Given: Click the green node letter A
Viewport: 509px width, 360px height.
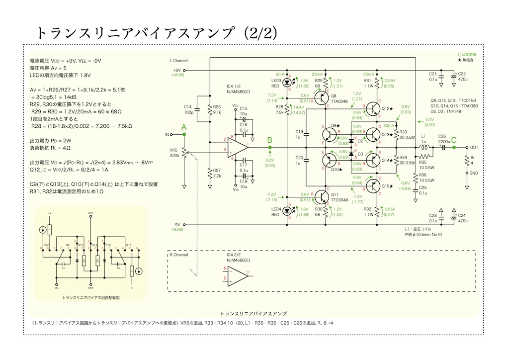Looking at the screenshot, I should (184, 128).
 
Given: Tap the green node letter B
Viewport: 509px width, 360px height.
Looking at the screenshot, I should (269, 140).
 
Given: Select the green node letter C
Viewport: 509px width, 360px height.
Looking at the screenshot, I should (453, 140).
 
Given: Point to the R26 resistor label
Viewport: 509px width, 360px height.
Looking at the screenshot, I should (216, 106).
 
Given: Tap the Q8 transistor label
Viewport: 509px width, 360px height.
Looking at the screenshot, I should (333, 95).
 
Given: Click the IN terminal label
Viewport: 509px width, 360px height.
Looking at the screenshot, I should (167, 135).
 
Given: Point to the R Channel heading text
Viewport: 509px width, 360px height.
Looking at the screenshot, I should (179, 255).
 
